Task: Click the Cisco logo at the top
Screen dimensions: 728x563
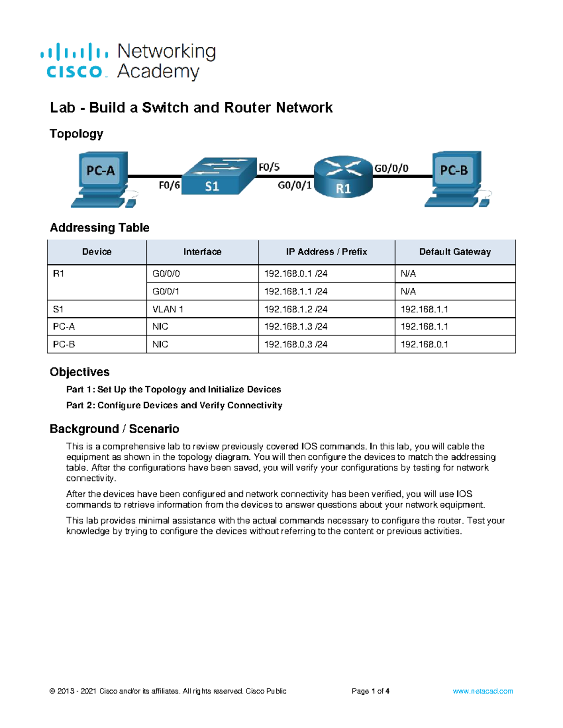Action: click(75, 61)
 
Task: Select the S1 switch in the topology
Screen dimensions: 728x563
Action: click(218, 176)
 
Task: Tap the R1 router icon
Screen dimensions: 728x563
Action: click(343, 176)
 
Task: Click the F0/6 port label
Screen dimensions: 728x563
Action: click(169, 186)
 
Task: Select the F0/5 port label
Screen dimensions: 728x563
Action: click(269, 167)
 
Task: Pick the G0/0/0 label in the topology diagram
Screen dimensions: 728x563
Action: click(391, 168)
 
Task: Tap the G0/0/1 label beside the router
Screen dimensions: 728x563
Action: click(294, 186)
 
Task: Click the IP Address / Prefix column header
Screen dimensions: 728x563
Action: click(326, 252)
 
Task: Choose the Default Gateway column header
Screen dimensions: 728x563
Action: click(455, 252)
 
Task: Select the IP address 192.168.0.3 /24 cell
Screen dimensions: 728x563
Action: click(296, 345)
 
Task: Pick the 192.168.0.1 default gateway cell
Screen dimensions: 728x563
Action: click(424, 345)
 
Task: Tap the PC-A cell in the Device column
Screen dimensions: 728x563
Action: click(64, 327)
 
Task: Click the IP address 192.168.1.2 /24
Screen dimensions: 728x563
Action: click(296, 309)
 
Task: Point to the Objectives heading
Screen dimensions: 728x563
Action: click(80, 372)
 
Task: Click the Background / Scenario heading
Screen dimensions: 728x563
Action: click(114, 429)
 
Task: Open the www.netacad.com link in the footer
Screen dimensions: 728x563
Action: click(482, 691)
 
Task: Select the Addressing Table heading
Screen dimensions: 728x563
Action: click(99, 228)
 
